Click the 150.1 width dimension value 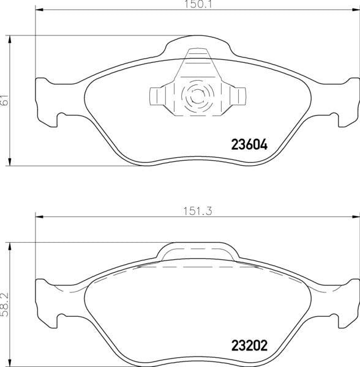click(198, 5)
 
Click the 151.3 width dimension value click(198, 211)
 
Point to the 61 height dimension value click(5, 100)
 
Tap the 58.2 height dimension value click(4, 305)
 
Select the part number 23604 click(249, 145)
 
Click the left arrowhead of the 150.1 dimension click(39, 10)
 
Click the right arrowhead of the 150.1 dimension click(356, 10)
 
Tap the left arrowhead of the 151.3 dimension click(39, 217)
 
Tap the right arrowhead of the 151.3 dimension click(356, 217)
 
